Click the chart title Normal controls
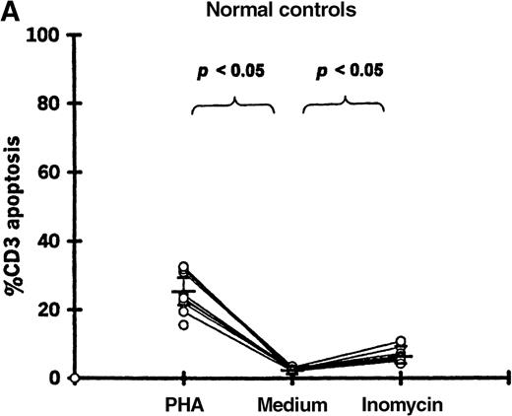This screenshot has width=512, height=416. [261, 12]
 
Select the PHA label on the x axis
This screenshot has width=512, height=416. [183, 404]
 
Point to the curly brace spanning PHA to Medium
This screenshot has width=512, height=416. [233, 104]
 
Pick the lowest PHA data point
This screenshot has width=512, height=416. [184, 324]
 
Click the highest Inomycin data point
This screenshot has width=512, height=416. [400, 342]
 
